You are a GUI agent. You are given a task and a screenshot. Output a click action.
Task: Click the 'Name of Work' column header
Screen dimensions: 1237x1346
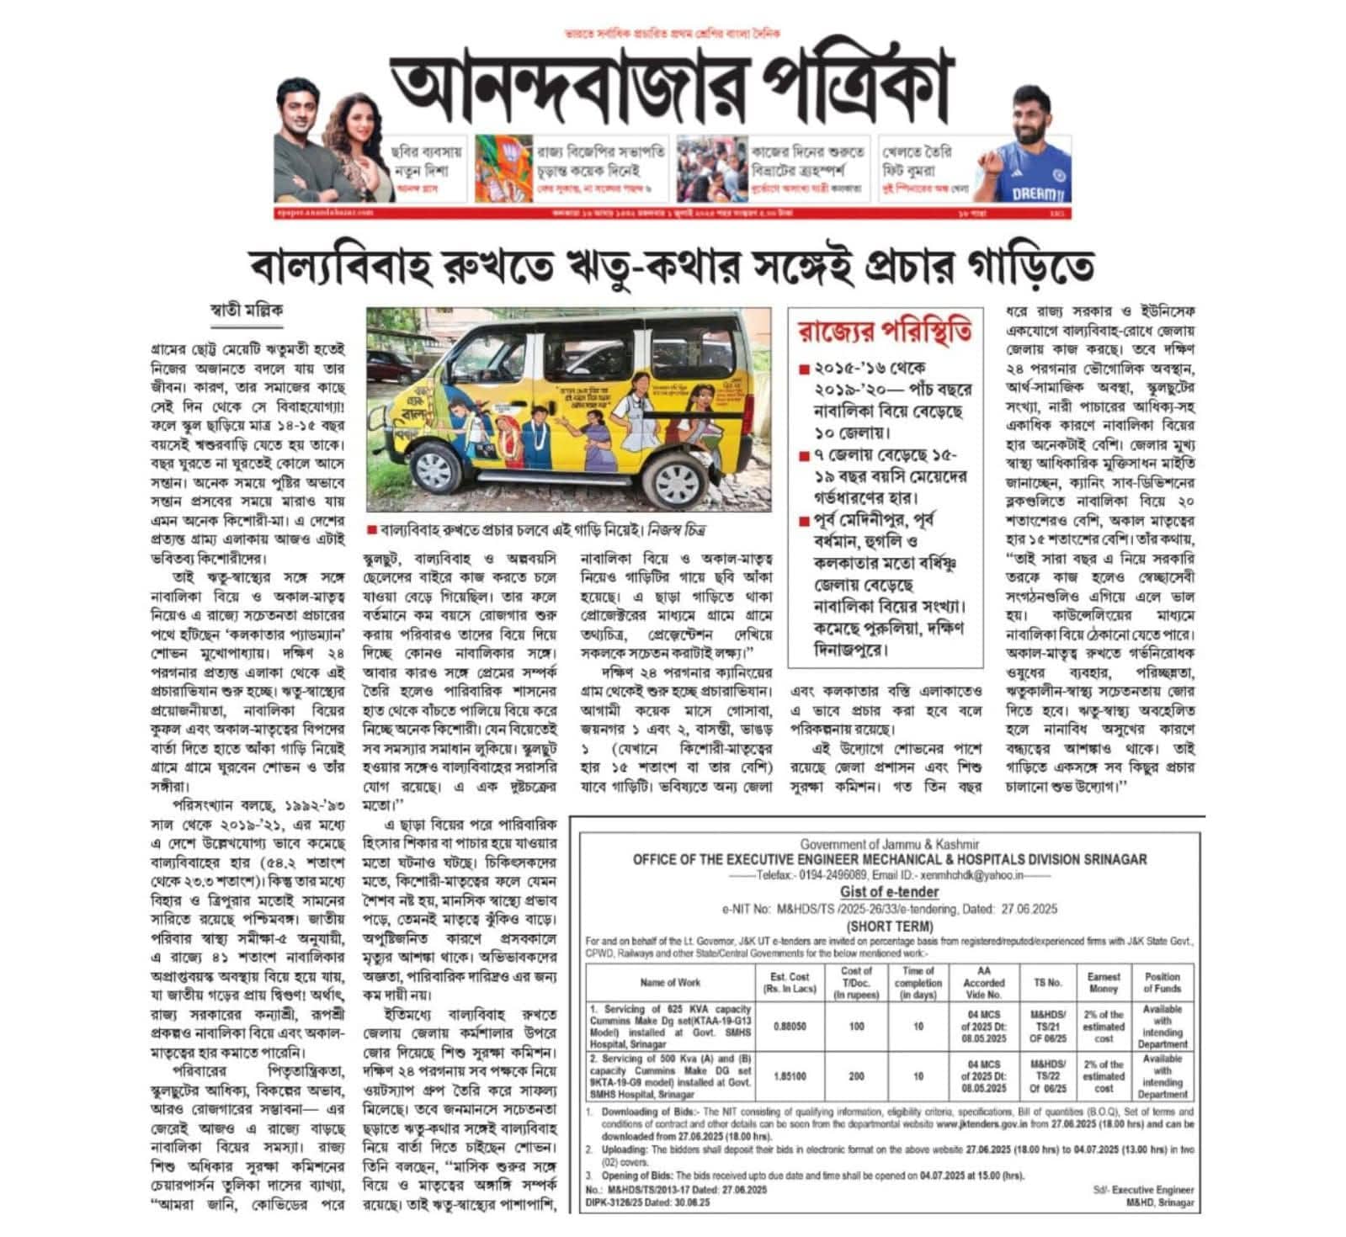point(670,982)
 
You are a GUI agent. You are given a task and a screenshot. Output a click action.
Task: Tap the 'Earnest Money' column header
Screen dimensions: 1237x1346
point(1104,982)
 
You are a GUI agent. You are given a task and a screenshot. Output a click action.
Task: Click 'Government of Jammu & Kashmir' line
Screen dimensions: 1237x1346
point(890,844)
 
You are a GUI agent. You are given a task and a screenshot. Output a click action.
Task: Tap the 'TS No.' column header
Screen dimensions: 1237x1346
point(1047,982)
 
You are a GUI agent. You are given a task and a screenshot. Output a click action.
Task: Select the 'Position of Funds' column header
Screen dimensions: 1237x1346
point(1162,982)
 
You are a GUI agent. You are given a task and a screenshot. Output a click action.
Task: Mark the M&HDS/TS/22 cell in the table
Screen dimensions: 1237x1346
point(1048,1076)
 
